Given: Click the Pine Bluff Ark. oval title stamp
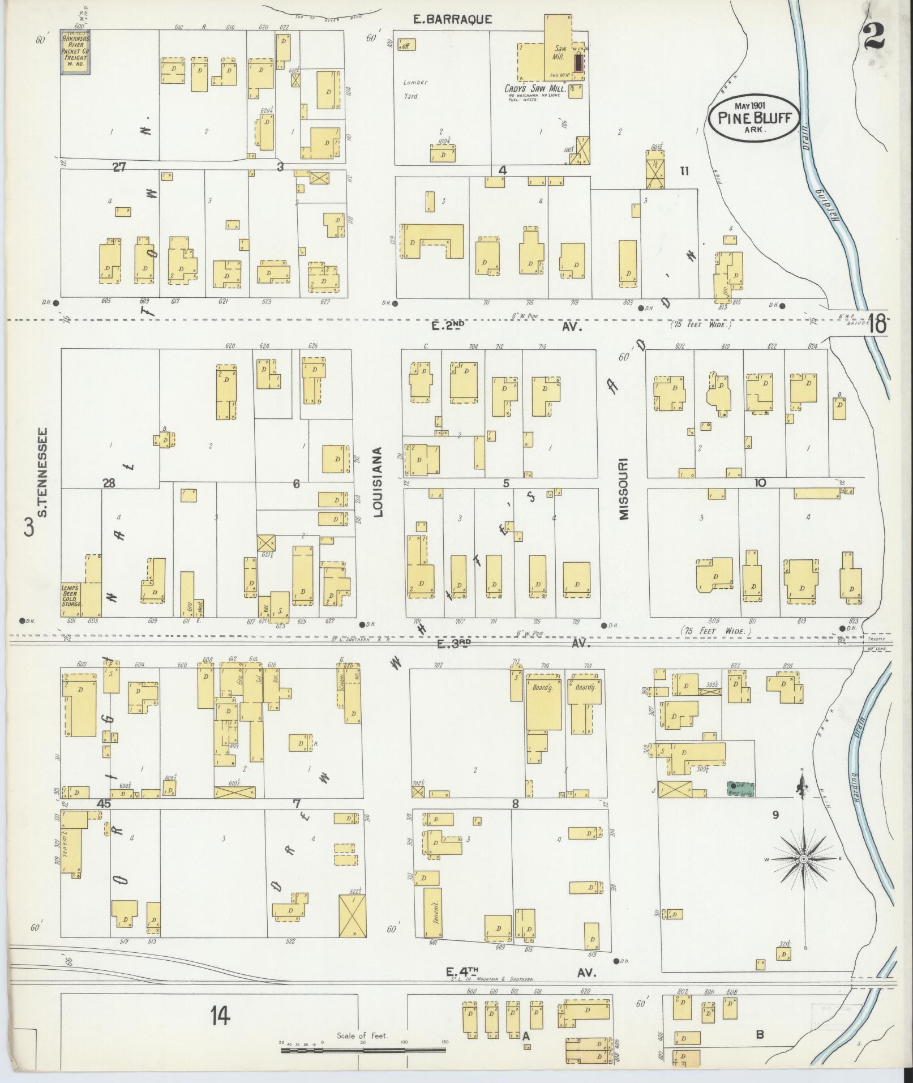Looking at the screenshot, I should [x=755, y=118].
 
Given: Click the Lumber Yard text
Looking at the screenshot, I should [x=415, y=89].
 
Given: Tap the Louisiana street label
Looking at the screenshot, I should [x=378, y=482].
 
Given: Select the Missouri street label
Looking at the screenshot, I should [x=623, y=489].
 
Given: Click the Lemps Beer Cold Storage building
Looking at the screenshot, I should [x=72, y=596].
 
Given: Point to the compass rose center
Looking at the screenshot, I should [x=803, y=875].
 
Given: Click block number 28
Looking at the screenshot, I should [x=109, y=482].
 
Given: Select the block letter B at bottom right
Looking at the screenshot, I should [x=760, y=1034].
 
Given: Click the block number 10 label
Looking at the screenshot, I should [x=760, y=482].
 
